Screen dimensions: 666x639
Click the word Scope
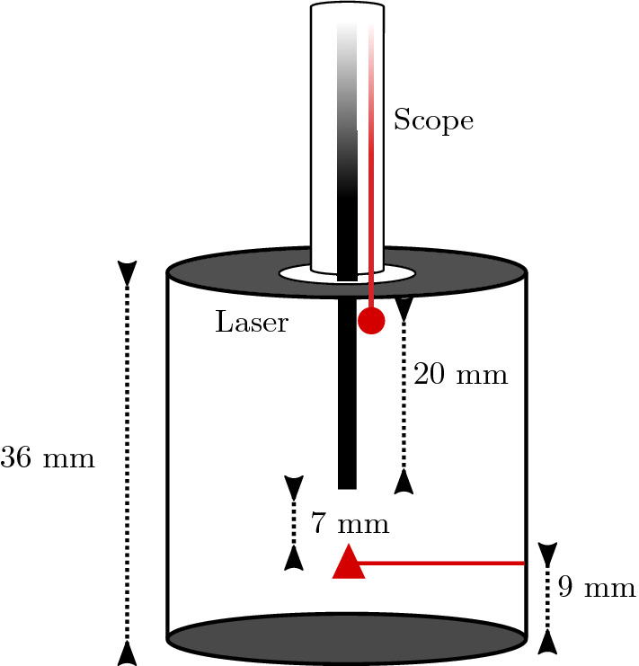[433, 120]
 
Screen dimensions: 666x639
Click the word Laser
[252, 322]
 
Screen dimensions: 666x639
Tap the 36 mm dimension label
[47, 458]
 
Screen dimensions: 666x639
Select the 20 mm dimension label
[461, 374]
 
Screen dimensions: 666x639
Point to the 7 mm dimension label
[350, 522]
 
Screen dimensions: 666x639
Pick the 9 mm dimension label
[596, 589]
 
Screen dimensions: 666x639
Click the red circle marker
[371, 321]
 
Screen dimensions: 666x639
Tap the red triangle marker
[348, 564]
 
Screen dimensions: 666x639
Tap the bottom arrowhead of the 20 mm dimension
[404, 482]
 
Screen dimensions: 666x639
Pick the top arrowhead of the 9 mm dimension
[547, 554]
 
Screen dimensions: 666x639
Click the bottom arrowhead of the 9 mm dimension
[547, 641]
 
